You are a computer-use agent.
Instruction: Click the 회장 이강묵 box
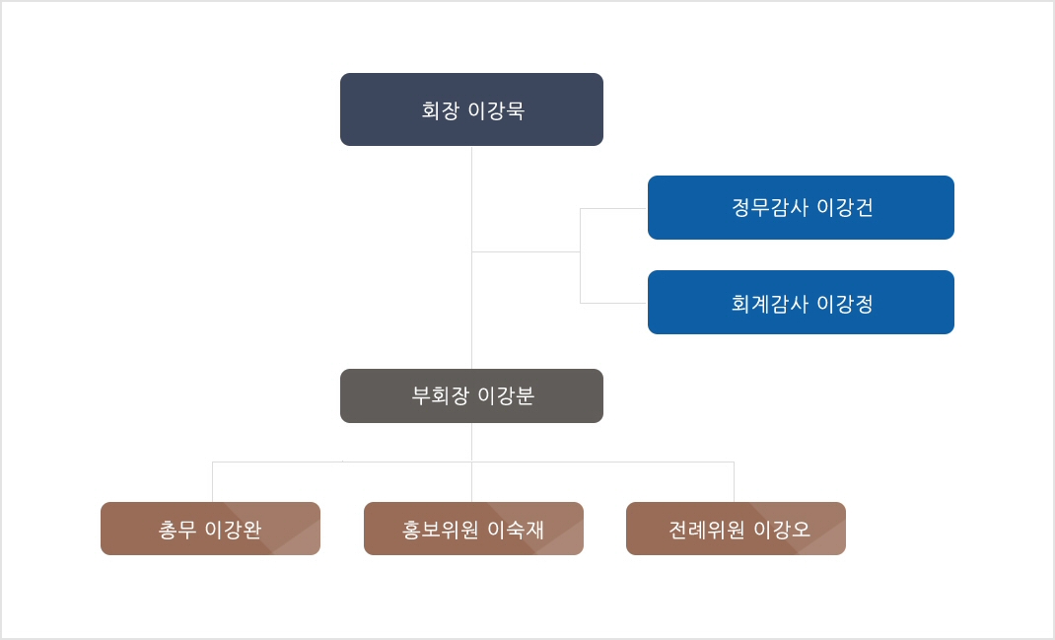(x=471, y=109)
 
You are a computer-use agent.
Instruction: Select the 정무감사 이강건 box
(x=801, y=207)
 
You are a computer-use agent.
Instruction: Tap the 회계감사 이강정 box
(x=801, y=302)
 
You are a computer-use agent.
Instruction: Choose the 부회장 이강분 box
(x=471, y=395)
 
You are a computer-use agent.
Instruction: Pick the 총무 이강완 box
(x=211, y=529)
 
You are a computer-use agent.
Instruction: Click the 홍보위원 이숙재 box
(x=473, y=529)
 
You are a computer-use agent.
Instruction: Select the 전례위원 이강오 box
(x=737, y=529)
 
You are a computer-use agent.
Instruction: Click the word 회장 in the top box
(x=441, y=110)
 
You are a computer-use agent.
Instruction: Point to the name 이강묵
(x=497, y=110)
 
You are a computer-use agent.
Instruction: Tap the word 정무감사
(x=770, y=207)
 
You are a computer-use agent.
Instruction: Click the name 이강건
(x=845, y=207)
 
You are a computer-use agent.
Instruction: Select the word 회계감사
(x=770, y=304)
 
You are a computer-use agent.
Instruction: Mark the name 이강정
(x=845, y=304)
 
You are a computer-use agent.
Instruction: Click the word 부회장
(x=441, y=395)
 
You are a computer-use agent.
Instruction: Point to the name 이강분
(x=506, y=395)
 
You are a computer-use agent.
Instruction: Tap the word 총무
(x=177, y=530)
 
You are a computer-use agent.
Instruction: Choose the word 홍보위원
(x=441, y=530)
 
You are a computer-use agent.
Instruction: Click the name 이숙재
(x=516, y=530)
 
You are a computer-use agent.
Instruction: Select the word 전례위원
(x=707, y=530)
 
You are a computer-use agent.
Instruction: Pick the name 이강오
(x=782, y=530)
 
